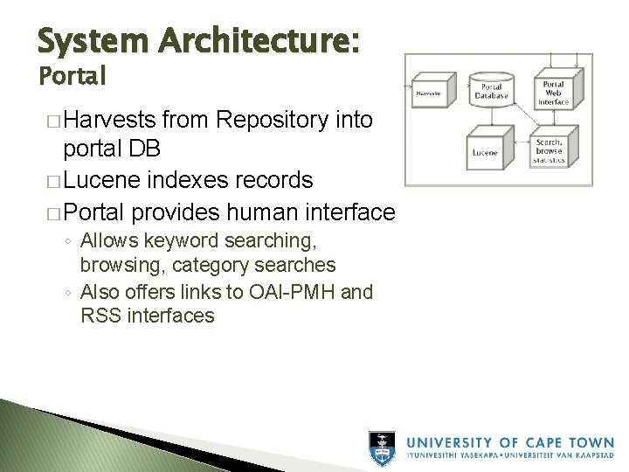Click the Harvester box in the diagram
point(429,93)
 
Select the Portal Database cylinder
point(492,91)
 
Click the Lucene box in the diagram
point(486,152)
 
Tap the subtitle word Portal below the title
point(72,76)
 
